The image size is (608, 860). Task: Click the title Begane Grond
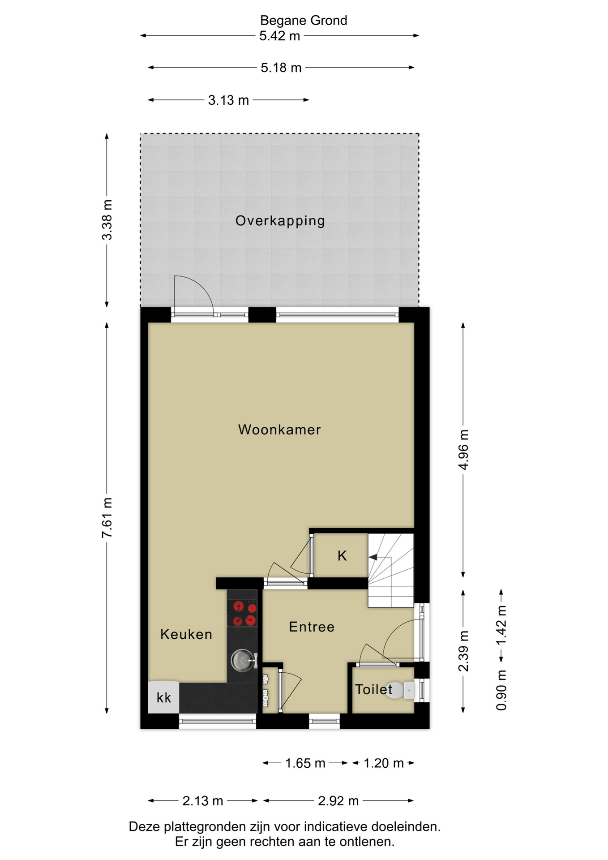point(304,21)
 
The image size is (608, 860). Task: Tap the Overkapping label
point(280,221)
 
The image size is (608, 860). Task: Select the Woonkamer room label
point(280,430)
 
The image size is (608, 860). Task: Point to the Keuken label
point(186,634)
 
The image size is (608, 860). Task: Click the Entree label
point(312,627)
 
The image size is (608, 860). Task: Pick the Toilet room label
point(373,689)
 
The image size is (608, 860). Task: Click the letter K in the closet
point(342,556)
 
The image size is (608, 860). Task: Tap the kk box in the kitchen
point(164,697)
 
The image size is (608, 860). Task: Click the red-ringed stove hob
point(242,613)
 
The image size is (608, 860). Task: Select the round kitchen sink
point(242,660)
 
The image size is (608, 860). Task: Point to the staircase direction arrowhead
point(373,557)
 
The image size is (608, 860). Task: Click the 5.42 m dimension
point(280,36)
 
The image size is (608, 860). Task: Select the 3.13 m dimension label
point(228,100)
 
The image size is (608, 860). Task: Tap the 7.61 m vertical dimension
point(107,518)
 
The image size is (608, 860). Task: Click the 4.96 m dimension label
point(463,449)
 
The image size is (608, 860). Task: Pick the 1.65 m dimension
point(305,763)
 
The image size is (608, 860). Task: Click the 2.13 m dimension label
point(203,800)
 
